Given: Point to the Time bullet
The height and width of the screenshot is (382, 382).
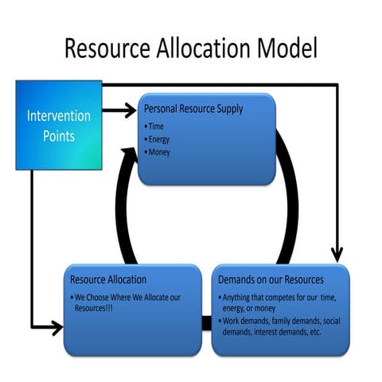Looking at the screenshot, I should point(157,126).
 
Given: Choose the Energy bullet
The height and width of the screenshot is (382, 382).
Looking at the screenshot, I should point(160,138).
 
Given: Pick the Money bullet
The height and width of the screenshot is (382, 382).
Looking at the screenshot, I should point(160,151).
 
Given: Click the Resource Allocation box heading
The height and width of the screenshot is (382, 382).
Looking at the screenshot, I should point(108,280).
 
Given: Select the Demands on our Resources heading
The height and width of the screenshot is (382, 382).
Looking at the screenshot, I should point(271,280).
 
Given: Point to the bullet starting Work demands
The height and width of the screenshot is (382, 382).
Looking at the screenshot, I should point(279,325).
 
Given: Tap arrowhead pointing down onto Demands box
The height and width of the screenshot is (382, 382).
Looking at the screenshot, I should point(337,254).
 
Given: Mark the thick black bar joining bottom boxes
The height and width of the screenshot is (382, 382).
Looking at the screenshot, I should point(206,323).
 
